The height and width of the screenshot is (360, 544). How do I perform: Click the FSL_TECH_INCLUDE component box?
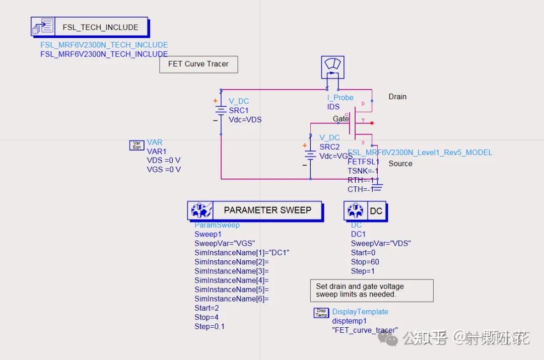pos(90,27)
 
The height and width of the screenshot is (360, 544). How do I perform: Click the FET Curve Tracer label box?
pos(198,64)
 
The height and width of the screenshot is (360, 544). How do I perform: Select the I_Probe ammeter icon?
pos(332,67)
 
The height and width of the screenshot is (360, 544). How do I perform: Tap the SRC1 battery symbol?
pos(220,111)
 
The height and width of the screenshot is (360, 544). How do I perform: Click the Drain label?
pos(397,97)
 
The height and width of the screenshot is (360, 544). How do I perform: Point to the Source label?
pos(400,164)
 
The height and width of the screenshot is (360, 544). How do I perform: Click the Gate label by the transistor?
pos(341,119)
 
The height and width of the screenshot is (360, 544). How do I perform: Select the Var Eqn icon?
pos(137,146)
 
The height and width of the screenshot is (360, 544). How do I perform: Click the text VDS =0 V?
pos(163,161)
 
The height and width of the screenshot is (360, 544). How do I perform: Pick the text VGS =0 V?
pos(163,170)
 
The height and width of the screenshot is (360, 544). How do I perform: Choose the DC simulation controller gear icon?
pos(356,211)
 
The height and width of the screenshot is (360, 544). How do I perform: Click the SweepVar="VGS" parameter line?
pos(225,243)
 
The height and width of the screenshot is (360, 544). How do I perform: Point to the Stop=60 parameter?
pos(365,262)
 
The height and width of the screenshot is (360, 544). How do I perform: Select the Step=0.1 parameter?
pos(210,326)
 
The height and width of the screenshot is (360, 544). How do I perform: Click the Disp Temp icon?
pos(321,313)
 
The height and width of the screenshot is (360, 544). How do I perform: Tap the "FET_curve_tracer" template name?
pos(364,330)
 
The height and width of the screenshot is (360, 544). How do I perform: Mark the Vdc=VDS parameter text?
pos(245,120)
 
